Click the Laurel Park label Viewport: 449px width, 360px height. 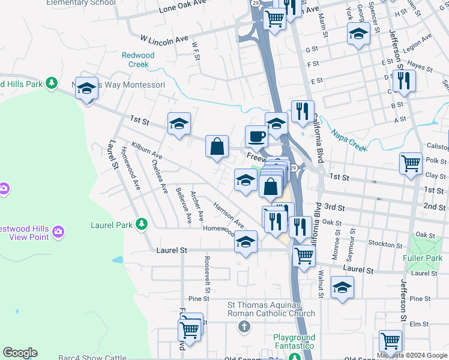111,225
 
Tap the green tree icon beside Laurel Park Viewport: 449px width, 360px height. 141,224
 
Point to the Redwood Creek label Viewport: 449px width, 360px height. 139,59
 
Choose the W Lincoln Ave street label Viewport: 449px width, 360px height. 164,40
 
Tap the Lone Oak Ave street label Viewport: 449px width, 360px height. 182,9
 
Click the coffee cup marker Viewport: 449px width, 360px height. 256,136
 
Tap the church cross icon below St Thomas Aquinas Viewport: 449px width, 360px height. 243,327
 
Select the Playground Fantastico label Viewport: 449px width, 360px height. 294,342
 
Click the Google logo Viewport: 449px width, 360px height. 20,353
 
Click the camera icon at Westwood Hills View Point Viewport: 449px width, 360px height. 58,231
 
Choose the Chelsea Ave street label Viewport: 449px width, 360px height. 160,175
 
